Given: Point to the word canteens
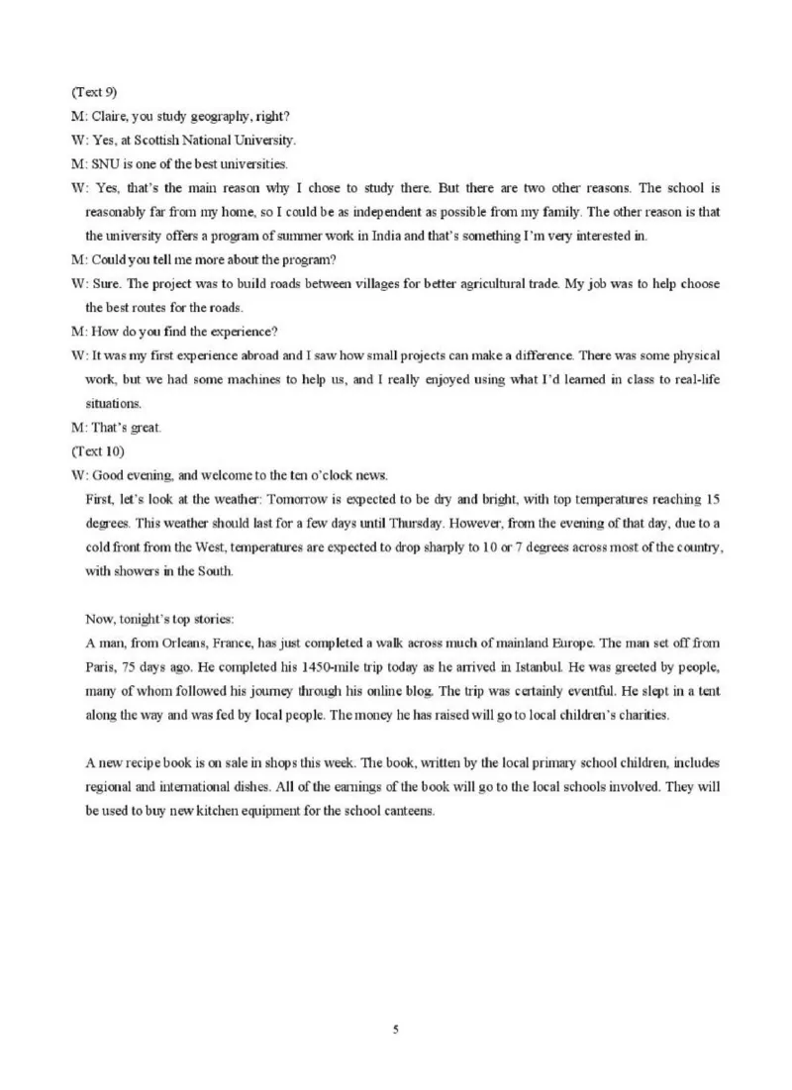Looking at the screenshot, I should point(406,809).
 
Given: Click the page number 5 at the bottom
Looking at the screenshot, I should point(396,1030).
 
